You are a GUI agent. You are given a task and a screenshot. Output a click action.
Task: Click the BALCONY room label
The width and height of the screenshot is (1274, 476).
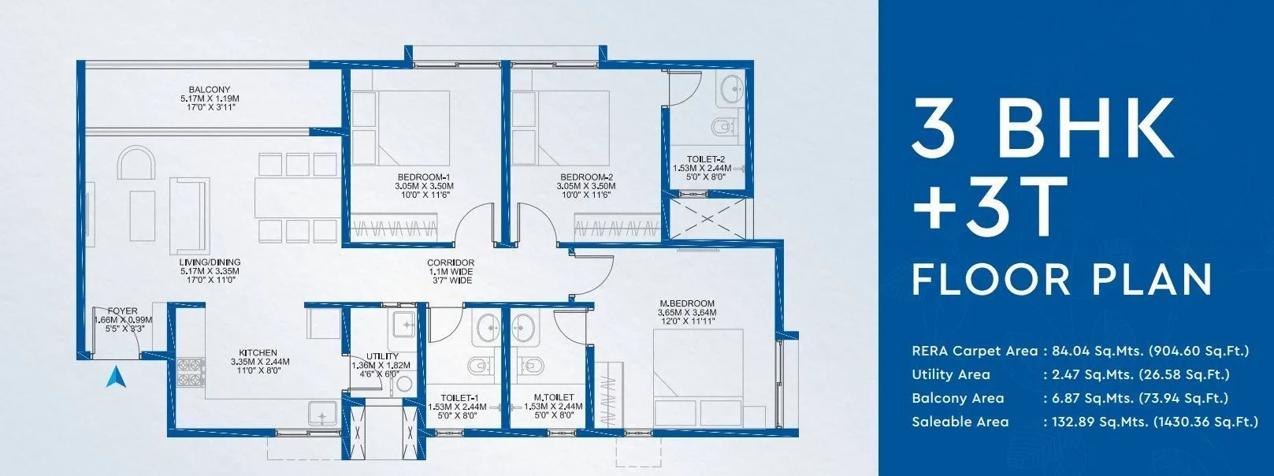tap(209, 89)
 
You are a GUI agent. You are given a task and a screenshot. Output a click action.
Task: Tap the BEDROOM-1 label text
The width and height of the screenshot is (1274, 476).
tap(424, 177)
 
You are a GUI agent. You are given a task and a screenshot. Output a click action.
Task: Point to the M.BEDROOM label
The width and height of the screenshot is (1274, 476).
tap(687, 303)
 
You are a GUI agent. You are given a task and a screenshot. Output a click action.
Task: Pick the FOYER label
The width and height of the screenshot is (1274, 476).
tap(123, 311)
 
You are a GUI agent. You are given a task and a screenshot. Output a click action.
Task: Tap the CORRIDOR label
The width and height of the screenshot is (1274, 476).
tap(451, 262)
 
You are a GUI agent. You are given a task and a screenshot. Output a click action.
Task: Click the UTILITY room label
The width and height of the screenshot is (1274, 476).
tap(382, 356)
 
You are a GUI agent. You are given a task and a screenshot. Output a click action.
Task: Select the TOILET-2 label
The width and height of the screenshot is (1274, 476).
tap(705, 158)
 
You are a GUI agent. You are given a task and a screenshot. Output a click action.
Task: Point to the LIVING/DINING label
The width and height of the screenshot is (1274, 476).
tap(210, 262)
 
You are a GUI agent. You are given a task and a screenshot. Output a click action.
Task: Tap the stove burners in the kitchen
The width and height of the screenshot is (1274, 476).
tap(190, 372)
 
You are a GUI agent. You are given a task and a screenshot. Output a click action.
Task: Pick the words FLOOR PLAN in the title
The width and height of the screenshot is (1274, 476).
tap(1062, 280)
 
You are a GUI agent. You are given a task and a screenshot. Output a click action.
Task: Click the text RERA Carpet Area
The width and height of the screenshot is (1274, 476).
tap(974, 351)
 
